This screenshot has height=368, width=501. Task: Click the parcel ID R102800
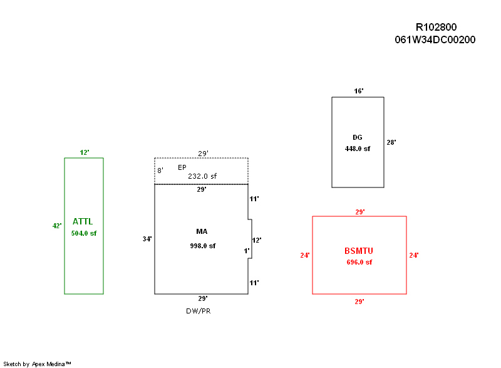436,27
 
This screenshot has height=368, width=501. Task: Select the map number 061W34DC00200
435,39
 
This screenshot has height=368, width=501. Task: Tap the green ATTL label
83,221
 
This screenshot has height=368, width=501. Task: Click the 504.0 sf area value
84,233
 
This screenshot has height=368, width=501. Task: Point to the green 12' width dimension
85,152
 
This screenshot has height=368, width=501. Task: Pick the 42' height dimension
57,226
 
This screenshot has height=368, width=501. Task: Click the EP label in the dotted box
182,167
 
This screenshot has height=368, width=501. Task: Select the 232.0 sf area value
202,177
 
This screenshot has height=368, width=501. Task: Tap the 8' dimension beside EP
160,171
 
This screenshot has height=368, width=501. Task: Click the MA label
202,231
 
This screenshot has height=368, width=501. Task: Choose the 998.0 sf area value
202,246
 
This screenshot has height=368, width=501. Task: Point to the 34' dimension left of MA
147,239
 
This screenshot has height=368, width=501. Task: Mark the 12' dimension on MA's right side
256,240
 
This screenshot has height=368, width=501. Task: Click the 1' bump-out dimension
247,251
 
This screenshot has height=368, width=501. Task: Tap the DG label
358,137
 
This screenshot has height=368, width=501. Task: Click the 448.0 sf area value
358,149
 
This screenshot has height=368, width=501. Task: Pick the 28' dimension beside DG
391,142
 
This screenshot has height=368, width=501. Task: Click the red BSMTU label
359,251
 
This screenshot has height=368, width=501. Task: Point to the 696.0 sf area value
359,262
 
